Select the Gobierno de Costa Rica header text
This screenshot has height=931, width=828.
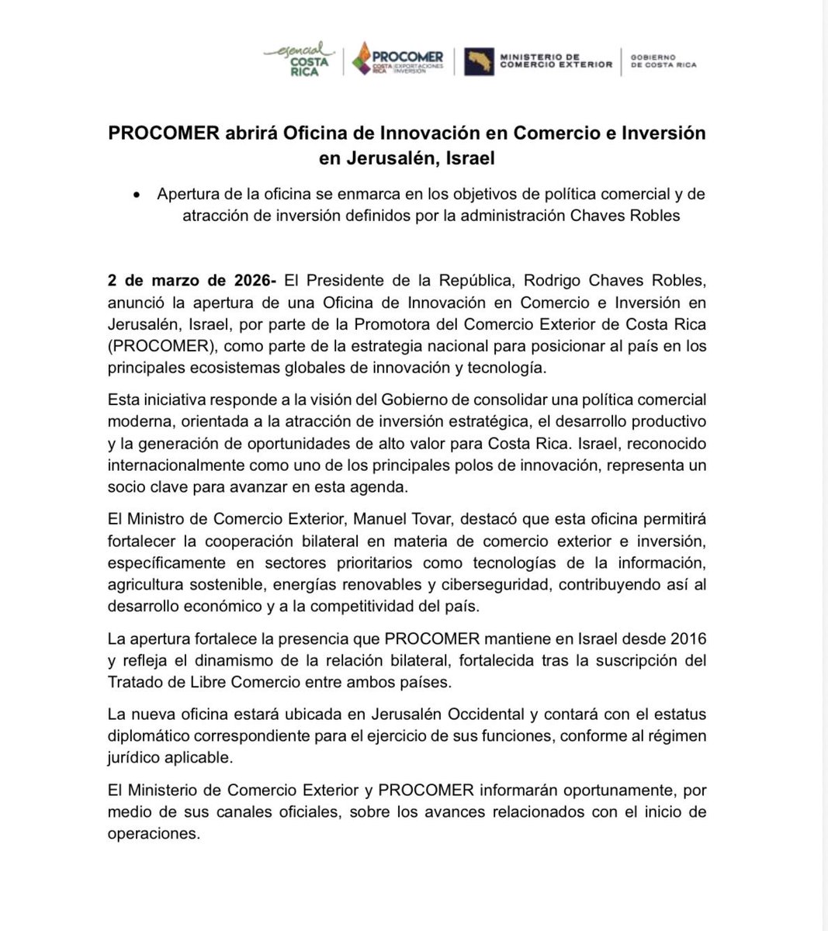[663, 61]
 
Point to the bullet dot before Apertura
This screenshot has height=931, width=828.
[137, 195]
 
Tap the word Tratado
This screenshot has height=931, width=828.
[135, 682]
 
